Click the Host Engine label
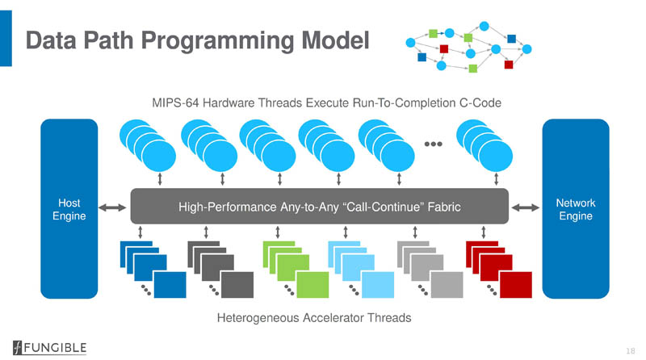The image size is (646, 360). click(69, 208)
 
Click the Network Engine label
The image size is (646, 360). click(577, 208)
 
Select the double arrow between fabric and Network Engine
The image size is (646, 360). click(526, 208)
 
